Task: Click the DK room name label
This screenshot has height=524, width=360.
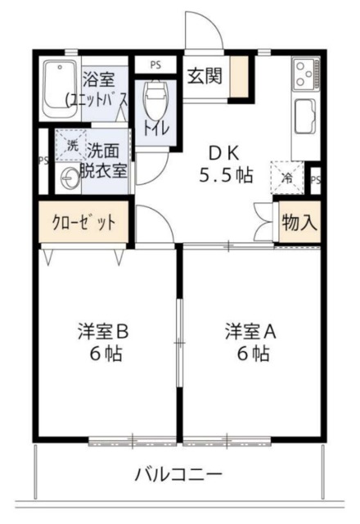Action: [x=225, y=153]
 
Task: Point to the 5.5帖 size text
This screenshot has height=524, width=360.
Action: [x=226, y=174]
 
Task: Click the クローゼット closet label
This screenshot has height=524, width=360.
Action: [x=84, y=223]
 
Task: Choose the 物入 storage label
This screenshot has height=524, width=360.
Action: [x=299, y=222]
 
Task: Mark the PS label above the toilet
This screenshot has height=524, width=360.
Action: [x=154, y=63]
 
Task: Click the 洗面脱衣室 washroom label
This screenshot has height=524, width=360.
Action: [x=107, y=160]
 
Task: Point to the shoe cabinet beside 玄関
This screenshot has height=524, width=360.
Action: [x=240, y=78]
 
